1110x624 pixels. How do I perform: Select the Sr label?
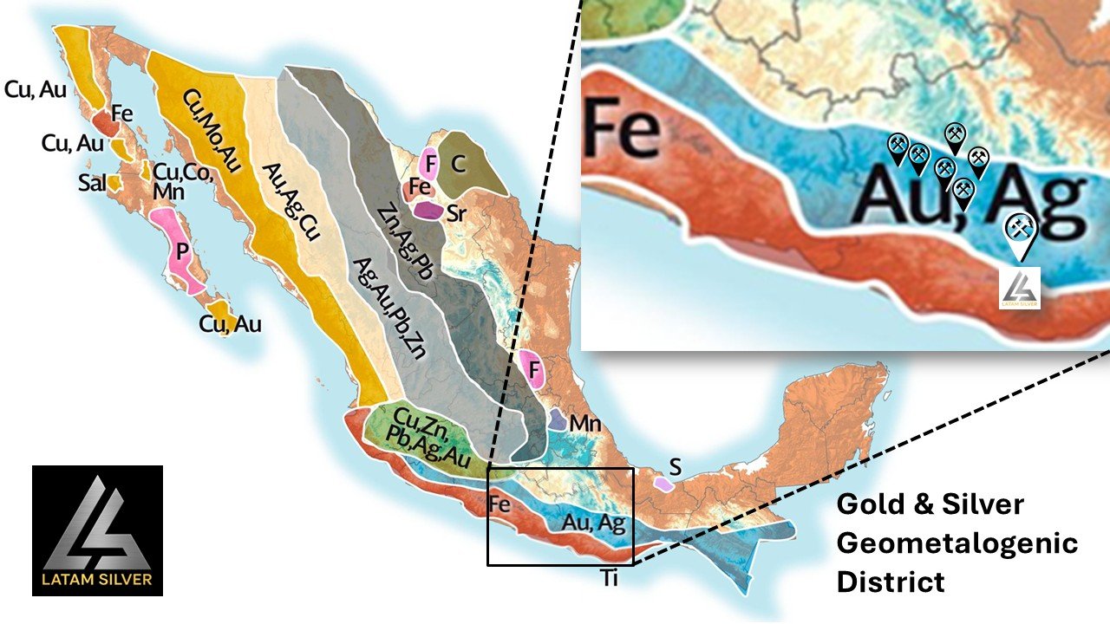[x=458, y=215]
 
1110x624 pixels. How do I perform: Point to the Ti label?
[x=610, y=578]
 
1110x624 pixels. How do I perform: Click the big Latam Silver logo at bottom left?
[x=97, y=530]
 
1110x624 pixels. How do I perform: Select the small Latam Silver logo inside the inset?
[x=1020, y=286]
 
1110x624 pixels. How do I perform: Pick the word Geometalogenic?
[x=957, y=543]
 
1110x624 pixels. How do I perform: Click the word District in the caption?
[x=890, y=582]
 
